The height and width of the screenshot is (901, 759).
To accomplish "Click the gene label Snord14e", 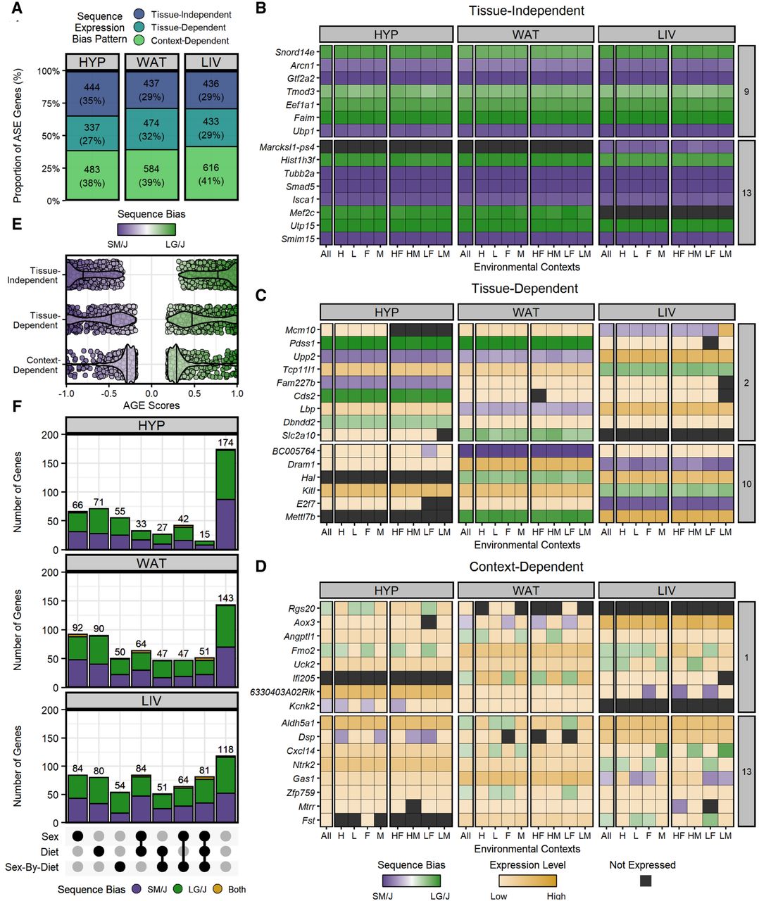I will click(x=295, y=52).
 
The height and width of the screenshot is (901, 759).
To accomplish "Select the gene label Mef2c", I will click(x=302, y=213).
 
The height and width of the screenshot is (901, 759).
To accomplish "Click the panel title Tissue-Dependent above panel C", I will click(x=525, y=289).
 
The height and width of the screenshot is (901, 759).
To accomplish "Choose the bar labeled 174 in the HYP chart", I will click(x=225, y=500).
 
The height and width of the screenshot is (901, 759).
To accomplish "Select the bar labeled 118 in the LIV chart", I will click(x=225, y=789).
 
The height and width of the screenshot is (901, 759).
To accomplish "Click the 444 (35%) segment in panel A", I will click(x=92, y=94).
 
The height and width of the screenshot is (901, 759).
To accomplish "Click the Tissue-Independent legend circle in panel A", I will click(x=139, y=14).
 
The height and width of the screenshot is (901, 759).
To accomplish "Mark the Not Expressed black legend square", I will click(x=645, y=881).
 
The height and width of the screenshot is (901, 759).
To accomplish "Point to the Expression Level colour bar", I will click(x=527, y=881).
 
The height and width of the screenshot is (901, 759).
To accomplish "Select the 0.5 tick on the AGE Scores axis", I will click(x=194, y=393).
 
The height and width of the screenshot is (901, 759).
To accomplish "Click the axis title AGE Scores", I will click(x=151, y=405).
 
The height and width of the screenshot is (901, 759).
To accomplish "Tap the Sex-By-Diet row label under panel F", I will click(x=32, y=867).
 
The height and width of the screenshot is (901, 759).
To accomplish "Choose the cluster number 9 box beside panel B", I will click(x=746, y=92).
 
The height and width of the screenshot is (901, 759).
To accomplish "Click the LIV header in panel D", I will click(x=666, y=591).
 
